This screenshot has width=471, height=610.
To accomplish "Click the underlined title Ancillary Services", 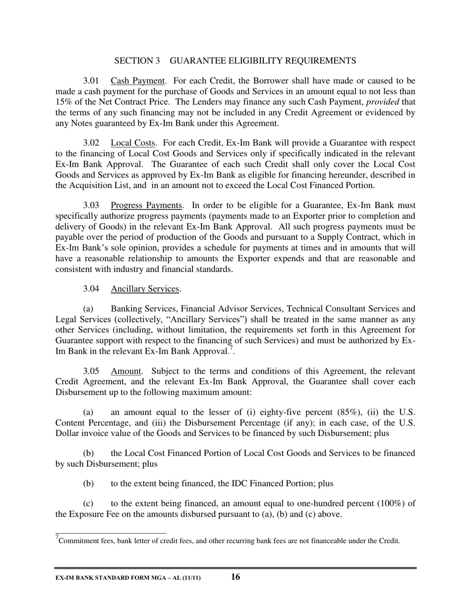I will [x=145, y=289].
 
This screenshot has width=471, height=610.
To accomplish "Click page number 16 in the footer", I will [x=235, y=577].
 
